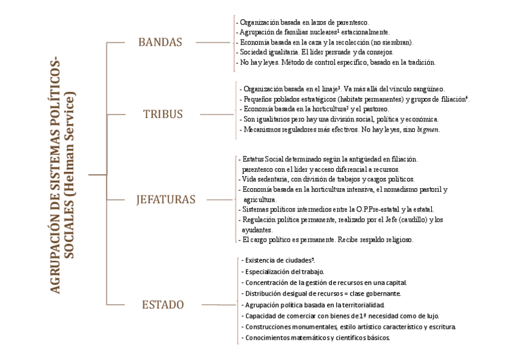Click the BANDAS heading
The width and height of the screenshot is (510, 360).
(x=159, y=43)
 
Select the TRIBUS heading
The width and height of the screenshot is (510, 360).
(x=162, y=114)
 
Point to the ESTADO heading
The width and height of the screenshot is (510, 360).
(x=162, y=305)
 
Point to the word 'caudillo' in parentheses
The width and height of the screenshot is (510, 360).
(x=400, y=219)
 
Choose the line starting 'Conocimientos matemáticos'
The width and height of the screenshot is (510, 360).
(x=318, y=338)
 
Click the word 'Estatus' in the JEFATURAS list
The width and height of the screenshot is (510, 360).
(x=251, y=159)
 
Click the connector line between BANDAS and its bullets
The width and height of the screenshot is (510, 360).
(x=214, y=43)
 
